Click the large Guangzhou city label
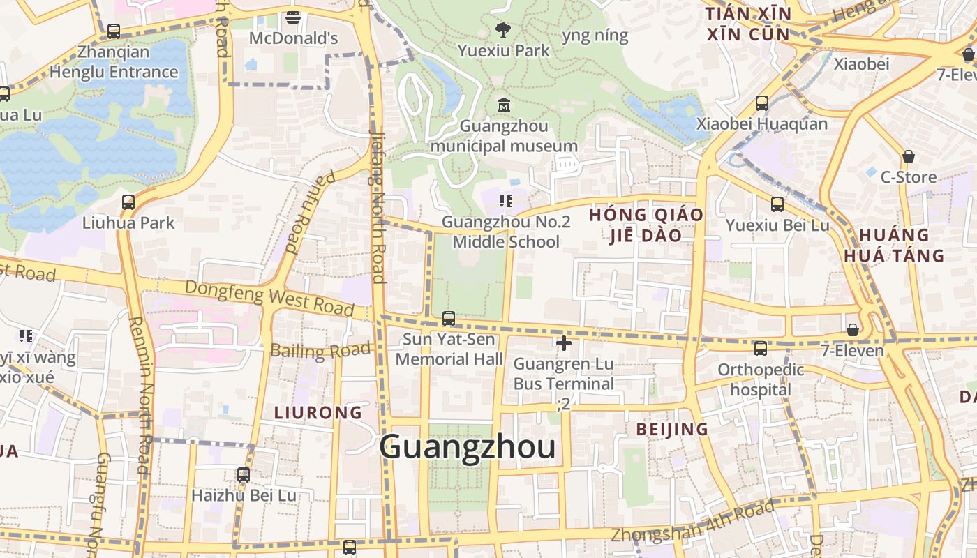468,447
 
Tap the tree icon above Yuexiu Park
502,29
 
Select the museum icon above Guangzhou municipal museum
503,105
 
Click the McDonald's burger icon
293,17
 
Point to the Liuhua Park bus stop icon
128,202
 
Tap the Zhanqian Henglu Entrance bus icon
114,31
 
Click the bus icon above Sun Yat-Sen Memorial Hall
449,318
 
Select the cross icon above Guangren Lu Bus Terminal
564,342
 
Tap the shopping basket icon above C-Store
908,156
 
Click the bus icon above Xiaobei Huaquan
762,103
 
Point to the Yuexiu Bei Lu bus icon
777,204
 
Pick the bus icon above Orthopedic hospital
761,348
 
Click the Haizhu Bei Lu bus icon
244,475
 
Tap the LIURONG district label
318,412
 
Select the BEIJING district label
672,429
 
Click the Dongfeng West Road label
269,296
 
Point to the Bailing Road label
320,350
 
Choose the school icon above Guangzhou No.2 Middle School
506,202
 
